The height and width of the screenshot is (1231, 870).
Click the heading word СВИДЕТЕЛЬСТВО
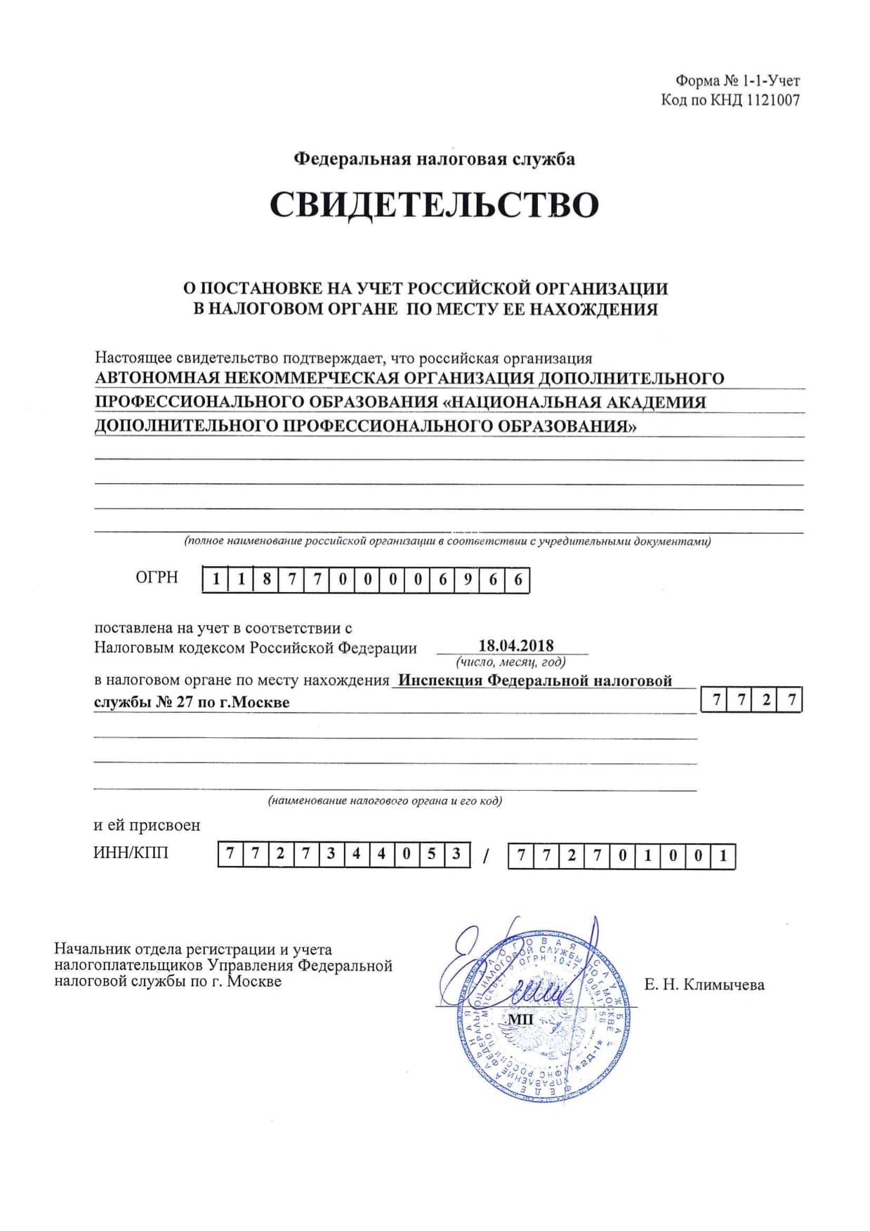point(434,205)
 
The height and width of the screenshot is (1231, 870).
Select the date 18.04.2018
point(516,645)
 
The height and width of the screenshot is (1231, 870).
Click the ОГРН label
point(157,577)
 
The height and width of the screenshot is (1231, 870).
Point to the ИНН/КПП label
point(131,853)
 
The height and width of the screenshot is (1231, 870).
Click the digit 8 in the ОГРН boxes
point(266,579)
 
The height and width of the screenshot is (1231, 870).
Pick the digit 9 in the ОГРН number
point(468,579)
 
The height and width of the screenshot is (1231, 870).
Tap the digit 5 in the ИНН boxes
point(431,854)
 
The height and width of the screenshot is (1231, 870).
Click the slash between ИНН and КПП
point(486,856)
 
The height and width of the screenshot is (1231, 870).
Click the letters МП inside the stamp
point(520,1019)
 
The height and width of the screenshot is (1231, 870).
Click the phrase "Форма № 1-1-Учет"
point(737,81)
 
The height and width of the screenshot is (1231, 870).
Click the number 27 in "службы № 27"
point(185,702)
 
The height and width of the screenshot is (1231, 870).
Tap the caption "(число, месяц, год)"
point(510,661)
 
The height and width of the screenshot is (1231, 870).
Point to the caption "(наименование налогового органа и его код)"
point(385,801)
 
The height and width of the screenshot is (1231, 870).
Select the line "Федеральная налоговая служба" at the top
point(434,159)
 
